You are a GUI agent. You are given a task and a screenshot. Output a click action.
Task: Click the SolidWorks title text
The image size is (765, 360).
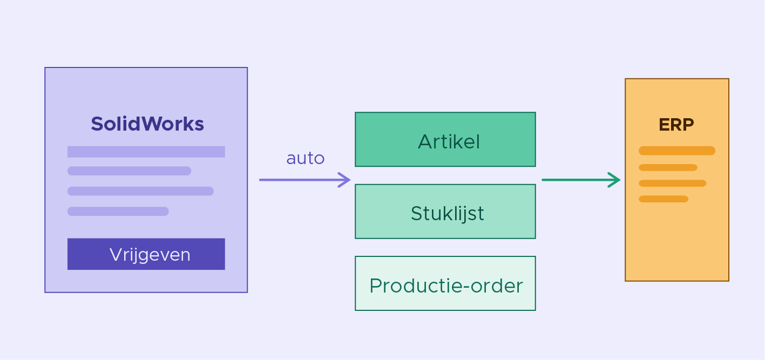147,124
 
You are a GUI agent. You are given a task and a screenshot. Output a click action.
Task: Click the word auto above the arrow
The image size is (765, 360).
306,158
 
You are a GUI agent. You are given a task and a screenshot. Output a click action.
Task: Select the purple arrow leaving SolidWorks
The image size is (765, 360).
304,180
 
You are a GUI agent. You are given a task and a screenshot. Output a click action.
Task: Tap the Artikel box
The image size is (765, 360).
445,139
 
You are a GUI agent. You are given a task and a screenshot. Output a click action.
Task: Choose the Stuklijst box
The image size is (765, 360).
445,212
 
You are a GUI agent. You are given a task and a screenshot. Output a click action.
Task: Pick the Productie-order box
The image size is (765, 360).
445,283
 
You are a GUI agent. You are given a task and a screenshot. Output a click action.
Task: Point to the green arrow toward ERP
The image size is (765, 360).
581,180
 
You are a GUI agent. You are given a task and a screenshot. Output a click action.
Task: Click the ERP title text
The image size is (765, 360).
676,125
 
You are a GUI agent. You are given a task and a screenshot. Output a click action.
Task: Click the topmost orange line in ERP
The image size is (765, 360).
677,151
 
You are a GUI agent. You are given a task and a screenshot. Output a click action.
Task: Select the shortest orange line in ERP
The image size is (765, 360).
664,199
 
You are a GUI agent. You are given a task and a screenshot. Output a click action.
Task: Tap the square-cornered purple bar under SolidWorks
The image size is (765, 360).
146,152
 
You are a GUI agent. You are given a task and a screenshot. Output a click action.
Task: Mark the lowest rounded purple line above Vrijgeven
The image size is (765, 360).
118,212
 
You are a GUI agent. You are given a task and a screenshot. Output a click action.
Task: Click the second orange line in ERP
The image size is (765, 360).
668,167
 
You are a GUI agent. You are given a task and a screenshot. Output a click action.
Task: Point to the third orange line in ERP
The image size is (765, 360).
673,184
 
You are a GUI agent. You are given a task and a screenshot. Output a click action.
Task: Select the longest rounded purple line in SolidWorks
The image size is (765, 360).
141,191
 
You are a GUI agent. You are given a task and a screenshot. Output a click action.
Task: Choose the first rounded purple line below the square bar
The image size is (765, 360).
130,171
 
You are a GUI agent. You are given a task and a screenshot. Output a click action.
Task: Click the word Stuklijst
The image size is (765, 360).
448,214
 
